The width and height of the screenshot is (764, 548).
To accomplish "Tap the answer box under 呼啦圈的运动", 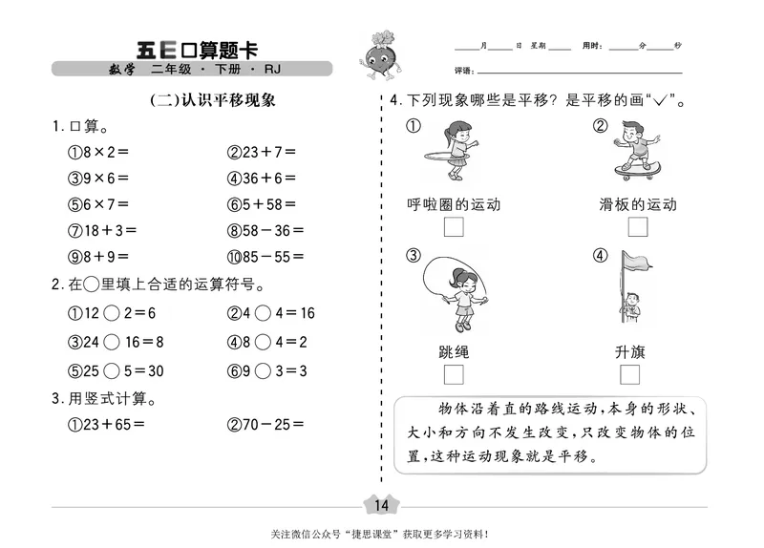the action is coord(454,227).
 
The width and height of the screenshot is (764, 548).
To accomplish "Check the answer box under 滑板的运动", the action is coord(637,227).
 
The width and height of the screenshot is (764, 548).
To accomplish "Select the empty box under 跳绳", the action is coord(454,373).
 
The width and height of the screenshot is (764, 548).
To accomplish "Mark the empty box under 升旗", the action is coord(629,373).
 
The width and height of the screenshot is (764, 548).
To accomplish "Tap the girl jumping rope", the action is coord(456,291).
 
